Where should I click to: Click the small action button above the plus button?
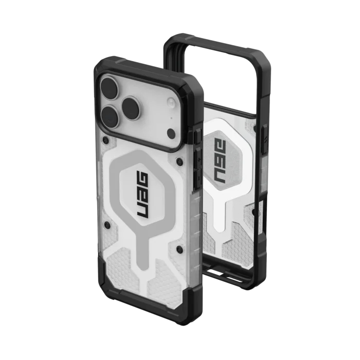tap(197, 138)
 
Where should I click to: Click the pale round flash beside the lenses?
tap(171, 101)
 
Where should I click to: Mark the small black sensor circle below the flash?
tap(171, 133)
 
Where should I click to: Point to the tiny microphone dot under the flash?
tap(171, 118)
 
